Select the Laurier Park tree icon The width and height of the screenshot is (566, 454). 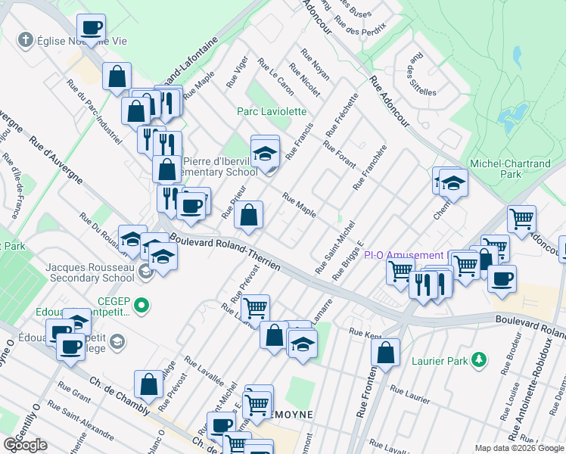478,360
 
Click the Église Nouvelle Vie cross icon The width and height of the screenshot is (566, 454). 25,39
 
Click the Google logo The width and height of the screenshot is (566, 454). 25,445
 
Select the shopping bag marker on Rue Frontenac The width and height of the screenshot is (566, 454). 386,353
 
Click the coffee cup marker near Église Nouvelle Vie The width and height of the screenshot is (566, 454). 92,29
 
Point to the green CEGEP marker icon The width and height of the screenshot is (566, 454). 141,306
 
